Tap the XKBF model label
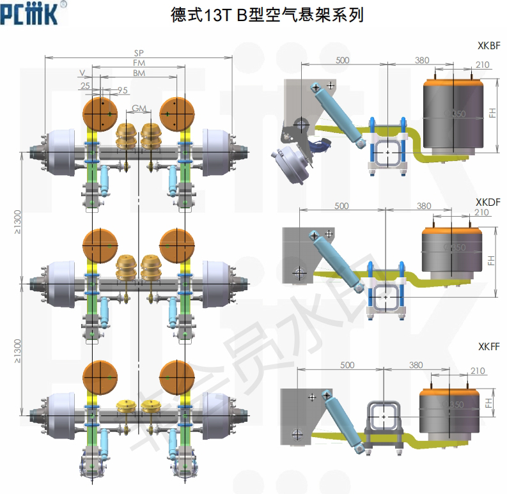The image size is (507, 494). [488, 46]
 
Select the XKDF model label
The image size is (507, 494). [488, 202]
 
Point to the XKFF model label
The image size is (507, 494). [488, 346]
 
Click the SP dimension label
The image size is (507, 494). [139, 53]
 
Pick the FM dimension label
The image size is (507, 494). [139, 63]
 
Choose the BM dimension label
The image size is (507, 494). [139, 73]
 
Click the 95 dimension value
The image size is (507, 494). [123, 89]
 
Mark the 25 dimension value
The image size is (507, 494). [86, 86]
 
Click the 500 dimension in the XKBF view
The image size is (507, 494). [343, 60]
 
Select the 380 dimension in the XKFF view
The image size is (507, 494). [416, 366]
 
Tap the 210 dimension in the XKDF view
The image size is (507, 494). [482, 212]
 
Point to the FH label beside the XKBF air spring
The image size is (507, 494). [492, 112]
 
